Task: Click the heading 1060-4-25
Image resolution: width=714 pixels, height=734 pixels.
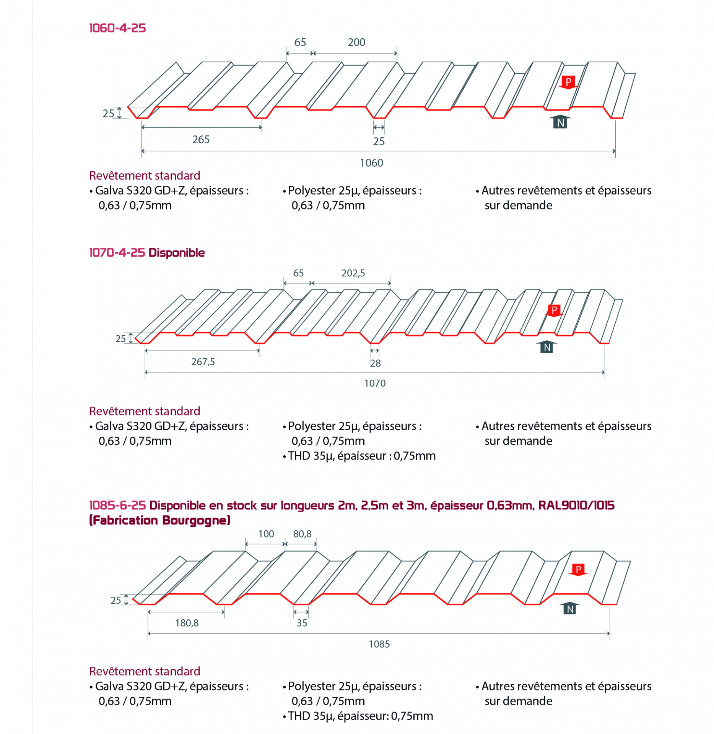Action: tap(117, 28)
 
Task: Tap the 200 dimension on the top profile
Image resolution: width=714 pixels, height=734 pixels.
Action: tap(356, 42)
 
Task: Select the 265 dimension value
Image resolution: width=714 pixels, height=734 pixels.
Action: tap(201, 139)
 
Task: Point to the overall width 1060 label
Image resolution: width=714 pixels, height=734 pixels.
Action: tap(371, 163)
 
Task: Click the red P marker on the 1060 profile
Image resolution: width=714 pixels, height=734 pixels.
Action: tap(568, 82)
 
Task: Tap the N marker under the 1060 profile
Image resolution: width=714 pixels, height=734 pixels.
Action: tap(560, 122)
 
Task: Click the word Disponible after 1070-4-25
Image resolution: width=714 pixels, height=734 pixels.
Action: tap(177, 253)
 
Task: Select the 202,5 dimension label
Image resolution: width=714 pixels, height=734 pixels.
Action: tap(353, 273)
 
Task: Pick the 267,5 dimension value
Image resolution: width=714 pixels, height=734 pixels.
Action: tap(203, 362)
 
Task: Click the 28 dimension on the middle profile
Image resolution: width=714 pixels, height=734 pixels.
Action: tap(375, 363)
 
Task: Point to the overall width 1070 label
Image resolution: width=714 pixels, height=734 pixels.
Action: tap(375, 383)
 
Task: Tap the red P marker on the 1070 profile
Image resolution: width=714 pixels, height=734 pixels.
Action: tap(554, 310)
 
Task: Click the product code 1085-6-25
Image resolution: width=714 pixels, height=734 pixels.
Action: tap(117, 505)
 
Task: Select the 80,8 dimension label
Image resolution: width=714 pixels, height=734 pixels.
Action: tap(302, 534)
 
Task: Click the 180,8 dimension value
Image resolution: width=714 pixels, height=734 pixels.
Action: tap(187, 623)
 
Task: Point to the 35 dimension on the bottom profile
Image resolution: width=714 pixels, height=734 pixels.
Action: tap(302, 623)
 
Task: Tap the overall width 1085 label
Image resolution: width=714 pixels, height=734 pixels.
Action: tap(379, 644)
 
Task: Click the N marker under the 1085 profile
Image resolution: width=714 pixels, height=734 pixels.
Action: tap(570, 609)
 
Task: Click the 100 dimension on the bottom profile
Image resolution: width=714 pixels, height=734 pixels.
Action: tap(266, 534)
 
